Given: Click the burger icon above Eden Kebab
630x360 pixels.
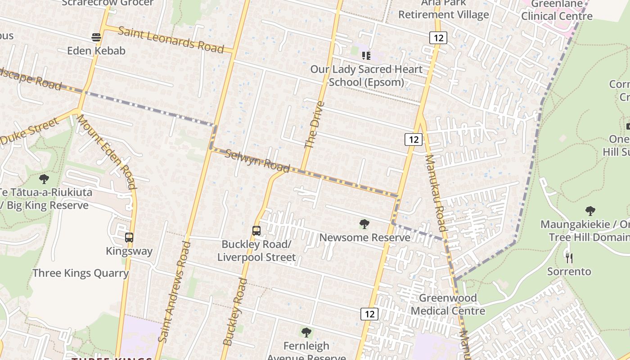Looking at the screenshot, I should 96,37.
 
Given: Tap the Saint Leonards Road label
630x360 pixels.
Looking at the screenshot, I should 171,40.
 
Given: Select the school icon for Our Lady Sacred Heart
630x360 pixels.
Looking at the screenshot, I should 366,56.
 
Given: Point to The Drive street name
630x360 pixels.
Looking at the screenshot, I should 314,125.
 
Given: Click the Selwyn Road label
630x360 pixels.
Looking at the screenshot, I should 257,161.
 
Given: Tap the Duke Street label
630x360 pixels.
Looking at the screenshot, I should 30,131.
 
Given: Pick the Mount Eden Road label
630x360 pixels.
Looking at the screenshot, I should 106,151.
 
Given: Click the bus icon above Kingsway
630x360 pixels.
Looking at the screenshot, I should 129,238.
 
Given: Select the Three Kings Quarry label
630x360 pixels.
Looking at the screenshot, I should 81,273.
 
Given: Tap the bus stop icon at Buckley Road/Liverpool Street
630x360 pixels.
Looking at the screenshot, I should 256,231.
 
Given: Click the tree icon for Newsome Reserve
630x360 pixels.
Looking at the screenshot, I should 364,224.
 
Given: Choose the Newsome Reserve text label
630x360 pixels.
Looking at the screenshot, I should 364,238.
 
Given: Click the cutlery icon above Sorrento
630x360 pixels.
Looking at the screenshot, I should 569,258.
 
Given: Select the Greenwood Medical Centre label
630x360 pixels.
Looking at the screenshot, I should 448,304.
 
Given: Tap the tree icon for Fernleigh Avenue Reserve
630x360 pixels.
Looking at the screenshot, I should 306,333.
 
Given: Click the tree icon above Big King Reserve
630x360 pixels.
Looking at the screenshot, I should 44,179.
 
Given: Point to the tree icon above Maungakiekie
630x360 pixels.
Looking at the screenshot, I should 590,211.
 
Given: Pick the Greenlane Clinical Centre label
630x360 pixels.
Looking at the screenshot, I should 557,10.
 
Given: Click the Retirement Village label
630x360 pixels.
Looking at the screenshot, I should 443,14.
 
